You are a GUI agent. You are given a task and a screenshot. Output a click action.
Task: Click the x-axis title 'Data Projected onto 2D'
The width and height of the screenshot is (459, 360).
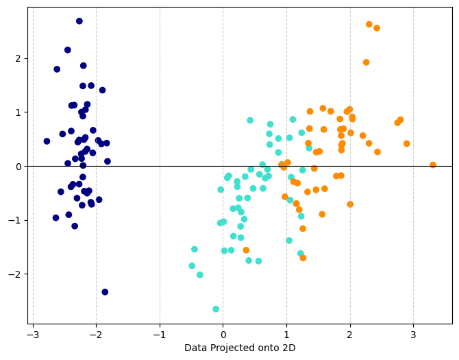240,348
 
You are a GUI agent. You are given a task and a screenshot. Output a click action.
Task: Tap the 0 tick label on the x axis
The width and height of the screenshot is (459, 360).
223,335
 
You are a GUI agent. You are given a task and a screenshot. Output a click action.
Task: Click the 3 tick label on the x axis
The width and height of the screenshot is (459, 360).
413,335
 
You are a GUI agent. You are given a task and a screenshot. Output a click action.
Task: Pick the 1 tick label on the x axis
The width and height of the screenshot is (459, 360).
286,335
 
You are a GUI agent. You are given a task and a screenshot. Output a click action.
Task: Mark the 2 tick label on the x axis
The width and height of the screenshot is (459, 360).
350,335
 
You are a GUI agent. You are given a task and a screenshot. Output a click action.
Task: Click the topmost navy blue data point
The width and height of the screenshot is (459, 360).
79,21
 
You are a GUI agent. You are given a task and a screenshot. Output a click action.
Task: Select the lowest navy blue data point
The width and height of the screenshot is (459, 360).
105,292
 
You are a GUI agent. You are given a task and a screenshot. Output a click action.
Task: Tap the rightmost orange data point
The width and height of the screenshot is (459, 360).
433,165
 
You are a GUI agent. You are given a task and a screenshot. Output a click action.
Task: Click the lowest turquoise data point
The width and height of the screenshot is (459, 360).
216,309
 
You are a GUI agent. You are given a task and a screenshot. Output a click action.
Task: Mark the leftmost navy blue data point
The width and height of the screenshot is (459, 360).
47,141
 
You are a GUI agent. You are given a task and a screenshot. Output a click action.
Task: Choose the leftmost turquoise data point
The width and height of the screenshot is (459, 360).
192,266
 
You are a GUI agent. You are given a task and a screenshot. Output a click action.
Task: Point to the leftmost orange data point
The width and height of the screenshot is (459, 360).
246,250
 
